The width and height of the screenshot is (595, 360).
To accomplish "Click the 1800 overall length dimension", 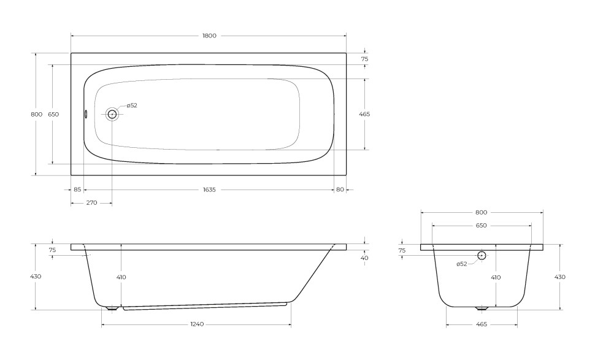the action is tap(209, 36).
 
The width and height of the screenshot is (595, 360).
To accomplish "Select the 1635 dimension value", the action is tap(209, 190).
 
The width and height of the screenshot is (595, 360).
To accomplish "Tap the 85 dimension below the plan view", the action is tap(77, 190).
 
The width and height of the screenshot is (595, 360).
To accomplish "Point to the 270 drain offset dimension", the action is tap(91, 203).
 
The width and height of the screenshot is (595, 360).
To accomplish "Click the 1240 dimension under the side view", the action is tap(198, 324).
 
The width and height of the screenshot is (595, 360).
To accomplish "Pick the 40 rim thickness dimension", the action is tap(364, 258).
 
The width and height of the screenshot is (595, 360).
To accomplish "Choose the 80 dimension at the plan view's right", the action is tap(340, 190).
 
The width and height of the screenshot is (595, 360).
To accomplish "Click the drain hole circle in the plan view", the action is tap(112, 114).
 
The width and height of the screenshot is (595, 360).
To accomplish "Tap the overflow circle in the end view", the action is tap(482, 255).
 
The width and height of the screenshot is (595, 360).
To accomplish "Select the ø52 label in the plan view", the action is tap(132, 105).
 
